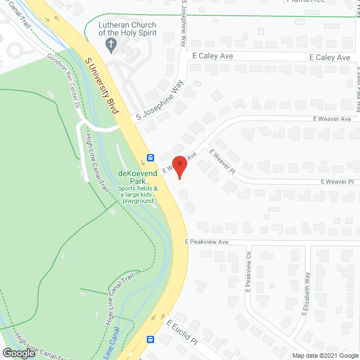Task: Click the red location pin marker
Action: pyautogui.click(x=179, y=168)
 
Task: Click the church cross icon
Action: pyautogui.click(x=111, y=44)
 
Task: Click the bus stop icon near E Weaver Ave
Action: pyautogui.click(x=151, y=157)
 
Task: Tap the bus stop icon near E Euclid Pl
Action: pyautogui.click(x=151, y=339)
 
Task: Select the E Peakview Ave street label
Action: pyautogui.click(x=207, y=242)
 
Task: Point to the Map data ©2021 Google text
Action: pyautogui.click(x=325, y=355)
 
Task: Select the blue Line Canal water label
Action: pyautogui.click(x=115, y=340)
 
